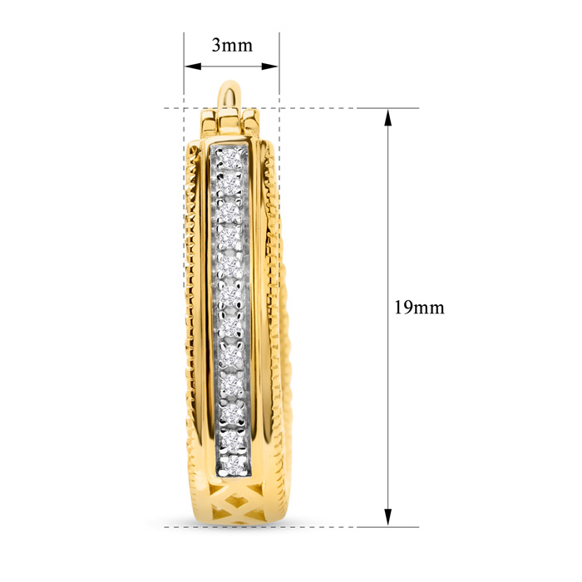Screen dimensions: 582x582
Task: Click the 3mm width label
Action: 232,45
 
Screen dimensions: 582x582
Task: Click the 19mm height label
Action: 419,308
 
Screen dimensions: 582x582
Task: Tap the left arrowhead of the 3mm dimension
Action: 193,67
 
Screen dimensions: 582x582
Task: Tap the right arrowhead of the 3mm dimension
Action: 270,67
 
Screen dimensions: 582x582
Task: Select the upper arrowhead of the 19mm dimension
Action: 388,118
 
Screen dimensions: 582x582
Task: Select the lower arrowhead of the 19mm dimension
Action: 388,517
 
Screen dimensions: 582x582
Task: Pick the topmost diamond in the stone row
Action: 230,159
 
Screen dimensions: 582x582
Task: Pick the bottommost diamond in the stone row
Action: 233,464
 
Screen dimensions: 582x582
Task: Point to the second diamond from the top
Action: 229,184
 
